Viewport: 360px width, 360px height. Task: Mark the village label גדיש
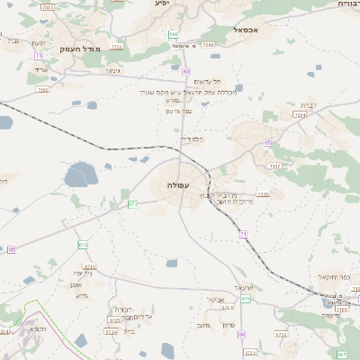(x=81, y=294)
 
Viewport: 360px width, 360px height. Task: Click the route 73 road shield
(x=39, y=56)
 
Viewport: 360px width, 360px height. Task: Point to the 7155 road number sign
(x=263, y=193)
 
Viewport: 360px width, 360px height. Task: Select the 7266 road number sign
(x=208, y=43)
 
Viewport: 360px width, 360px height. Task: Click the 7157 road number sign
(x=274, y=166)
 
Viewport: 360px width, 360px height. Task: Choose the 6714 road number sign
(x=89, y=266)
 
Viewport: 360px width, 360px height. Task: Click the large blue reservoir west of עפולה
(x=80, y=174)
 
